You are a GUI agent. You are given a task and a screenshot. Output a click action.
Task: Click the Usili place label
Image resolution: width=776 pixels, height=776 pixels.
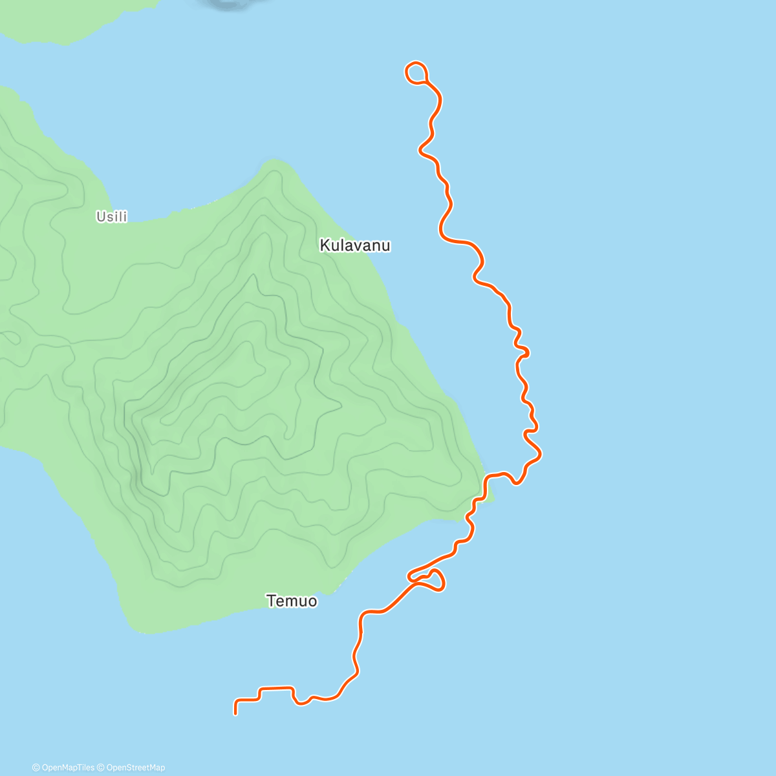[x=112, y=217]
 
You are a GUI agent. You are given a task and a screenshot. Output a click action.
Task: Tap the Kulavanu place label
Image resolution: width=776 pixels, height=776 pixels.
[x=355, y=246]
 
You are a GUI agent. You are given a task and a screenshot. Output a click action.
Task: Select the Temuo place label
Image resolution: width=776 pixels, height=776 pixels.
[x=292, y=601]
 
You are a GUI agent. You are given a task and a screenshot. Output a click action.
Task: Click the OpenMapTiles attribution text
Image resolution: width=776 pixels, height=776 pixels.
[x=67, y=768]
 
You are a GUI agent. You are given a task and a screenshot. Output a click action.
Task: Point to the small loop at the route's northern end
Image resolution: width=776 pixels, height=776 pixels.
[x=416, y=72]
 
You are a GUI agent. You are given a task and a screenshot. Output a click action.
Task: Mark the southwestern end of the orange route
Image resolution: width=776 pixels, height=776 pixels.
[x=235, y=713]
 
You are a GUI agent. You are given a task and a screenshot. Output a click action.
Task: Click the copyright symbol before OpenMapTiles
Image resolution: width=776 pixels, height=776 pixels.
[x=36, y=768]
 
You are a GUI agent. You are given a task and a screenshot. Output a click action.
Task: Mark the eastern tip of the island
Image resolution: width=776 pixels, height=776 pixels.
[x=493, y=499]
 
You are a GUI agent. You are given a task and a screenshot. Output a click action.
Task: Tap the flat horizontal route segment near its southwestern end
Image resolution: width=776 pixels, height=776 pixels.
[x=276, y=688]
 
